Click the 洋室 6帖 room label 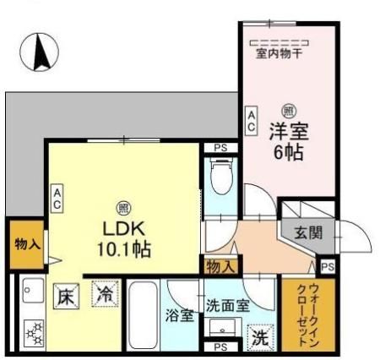coord(287,142)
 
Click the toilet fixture coord(220,178)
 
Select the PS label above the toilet coord(220,149)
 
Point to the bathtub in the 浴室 coord(144,314)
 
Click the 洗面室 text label coord(227,305)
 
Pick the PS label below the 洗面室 coord(220,347)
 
